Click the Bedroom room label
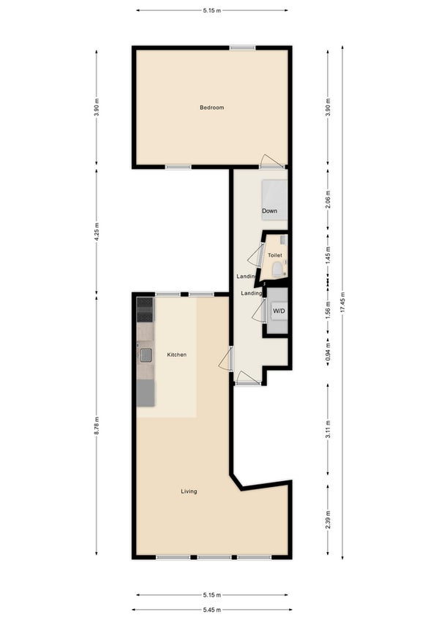click(211, 107)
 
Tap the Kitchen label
click(176, 355)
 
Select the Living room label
click(189, 491)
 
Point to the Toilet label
click(274, 255)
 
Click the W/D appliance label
click(279, 311)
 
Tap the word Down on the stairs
click(269, 211)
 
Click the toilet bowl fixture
click(277, 270)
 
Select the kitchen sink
click(146, 355)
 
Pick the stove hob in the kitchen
click(145, 309)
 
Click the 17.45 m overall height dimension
click(342, 303)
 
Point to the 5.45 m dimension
click(212, 610)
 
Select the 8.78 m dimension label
click(97, 426)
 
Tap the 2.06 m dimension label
click(328, 200)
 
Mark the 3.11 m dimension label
click(328, 429)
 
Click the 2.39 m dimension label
click(328, 520)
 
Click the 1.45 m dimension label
click(328, 255)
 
